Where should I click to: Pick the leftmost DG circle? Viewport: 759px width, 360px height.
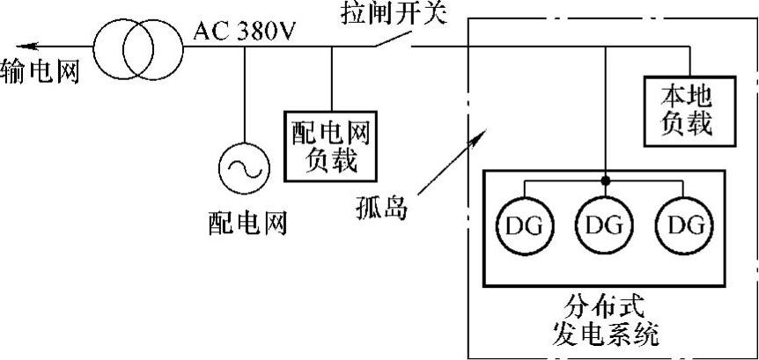point(522,225)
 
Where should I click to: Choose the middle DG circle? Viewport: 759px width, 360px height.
point(604,225)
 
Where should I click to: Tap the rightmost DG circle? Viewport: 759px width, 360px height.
point(685,225)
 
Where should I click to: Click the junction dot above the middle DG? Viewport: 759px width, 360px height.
point(606,181)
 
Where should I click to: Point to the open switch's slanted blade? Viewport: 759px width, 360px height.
point(394,36)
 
